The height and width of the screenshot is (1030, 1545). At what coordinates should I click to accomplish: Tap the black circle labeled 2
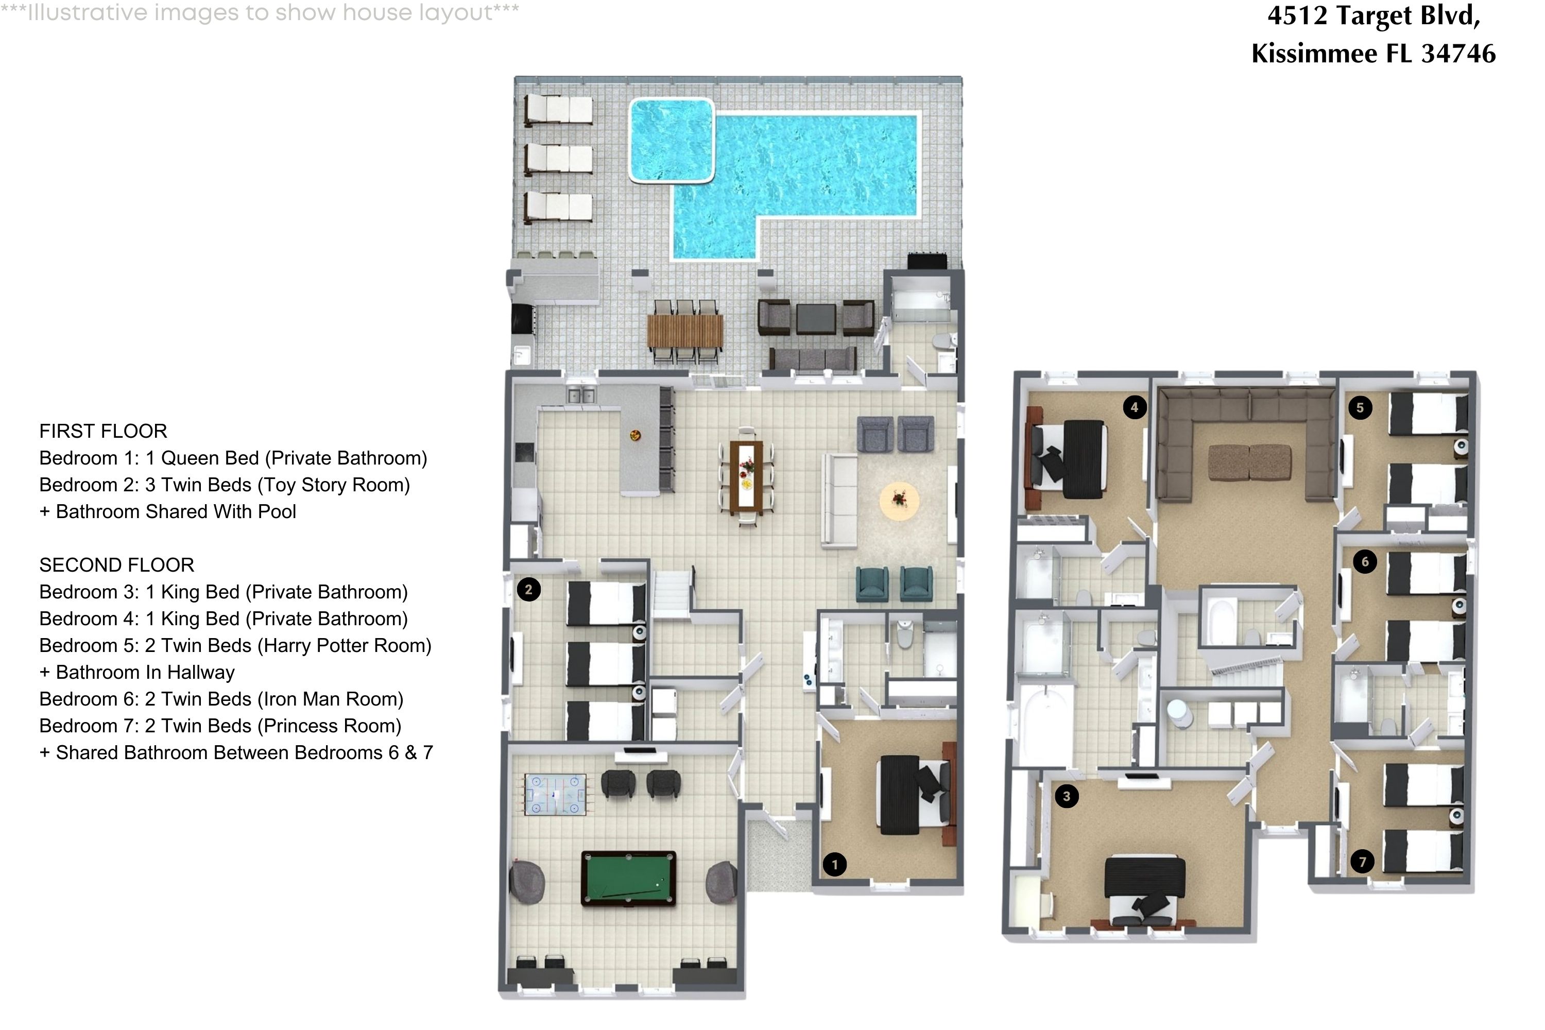click(x=528, y=589)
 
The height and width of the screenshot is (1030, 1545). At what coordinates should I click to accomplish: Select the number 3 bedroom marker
click(x=1066, y=796)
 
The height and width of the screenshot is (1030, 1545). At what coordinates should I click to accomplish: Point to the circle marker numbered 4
click(x=1134, y=407)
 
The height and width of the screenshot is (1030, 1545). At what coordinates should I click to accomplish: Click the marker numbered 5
click(x=1360, y=407)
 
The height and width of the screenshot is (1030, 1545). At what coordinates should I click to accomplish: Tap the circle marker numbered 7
click(x=1362, y=861)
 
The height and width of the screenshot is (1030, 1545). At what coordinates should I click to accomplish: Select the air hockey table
click(x=555, y=794)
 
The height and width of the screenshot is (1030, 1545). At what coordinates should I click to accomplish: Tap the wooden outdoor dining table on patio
click(x=684, y=331)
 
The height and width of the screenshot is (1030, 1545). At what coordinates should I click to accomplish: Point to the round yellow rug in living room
click(x=899, y=501)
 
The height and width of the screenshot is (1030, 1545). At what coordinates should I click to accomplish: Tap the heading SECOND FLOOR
click(x=116, y=565)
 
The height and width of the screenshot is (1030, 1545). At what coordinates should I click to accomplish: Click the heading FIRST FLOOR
click(x=103, y=431)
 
